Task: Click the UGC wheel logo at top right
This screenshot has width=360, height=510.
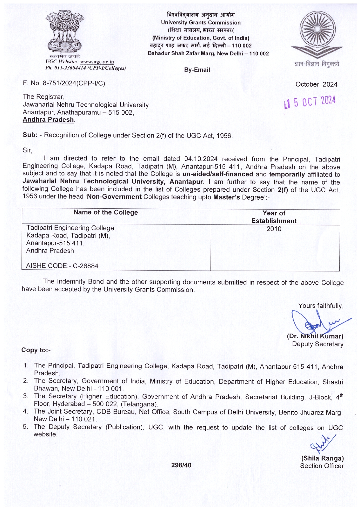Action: (317, 34)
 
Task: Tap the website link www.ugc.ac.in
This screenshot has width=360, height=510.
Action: (97, 62)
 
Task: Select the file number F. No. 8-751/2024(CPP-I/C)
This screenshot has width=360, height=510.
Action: (64, 83)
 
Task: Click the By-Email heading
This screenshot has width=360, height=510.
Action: (197, 70)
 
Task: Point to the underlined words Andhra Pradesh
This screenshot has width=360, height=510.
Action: (48, 120)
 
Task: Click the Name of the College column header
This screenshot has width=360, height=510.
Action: (106, 212)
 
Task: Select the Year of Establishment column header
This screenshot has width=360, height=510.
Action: (274, 217)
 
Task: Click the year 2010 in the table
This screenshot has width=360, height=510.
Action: (274, 229)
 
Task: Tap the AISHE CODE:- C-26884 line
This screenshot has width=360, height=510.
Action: (62, 266)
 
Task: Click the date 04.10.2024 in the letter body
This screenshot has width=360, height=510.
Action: (201, 159)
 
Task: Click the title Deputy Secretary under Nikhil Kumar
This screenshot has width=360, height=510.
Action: (318, 344)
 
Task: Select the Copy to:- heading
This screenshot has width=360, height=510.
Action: (36, 350)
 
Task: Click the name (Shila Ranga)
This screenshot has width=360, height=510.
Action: (322, 459)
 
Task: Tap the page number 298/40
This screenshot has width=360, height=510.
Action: (181, 465)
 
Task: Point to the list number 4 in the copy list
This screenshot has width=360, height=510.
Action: (26, 411)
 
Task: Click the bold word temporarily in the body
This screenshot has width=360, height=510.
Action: (287, 174)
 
